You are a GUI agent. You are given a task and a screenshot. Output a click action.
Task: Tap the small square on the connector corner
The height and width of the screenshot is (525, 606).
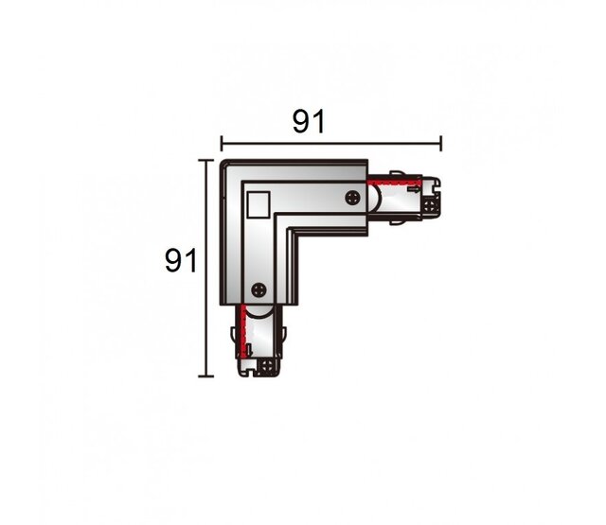pos(256,202)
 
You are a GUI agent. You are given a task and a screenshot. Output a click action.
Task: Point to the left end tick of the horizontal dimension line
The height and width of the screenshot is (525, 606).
pos(221,144)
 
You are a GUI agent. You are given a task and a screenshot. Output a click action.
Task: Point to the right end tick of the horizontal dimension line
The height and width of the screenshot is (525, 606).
pos(441,144)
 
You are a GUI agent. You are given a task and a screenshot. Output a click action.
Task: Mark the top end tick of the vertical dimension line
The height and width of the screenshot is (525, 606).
pos(205,160)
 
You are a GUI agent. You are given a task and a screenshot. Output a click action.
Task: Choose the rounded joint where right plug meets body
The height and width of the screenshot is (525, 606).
pos(376,200)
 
